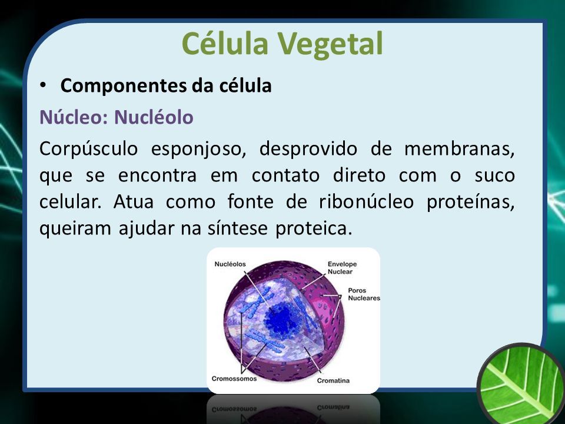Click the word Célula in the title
pos(225,43)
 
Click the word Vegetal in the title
pos(330,44)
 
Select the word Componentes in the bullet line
pos(123,86)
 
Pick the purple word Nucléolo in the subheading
pos(154,117)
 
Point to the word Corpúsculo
pos(89,149)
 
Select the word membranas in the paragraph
pos(460,148)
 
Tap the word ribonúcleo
pos(367,201)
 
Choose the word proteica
pos(314,228)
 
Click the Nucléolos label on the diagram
pos(230,264)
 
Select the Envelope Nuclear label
pos(342,268)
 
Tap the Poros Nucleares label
pos(364,294)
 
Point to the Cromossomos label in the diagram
pos(234,379)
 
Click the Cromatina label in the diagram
pos(333,380)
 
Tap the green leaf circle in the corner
pos(523,385)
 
